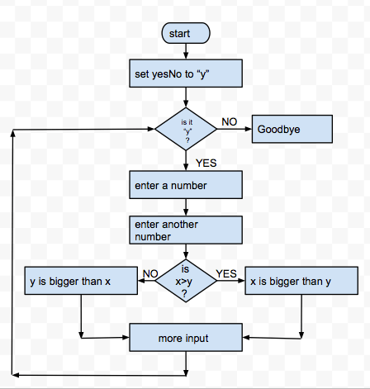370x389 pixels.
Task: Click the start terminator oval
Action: click(185, 33)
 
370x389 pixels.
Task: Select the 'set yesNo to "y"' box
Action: click(185, 74)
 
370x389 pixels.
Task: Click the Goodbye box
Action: click(291, 130)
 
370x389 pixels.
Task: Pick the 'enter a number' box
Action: click(185, 185)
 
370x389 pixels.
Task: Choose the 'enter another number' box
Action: click(185, 230)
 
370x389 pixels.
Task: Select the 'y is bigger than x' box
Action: click(80, 281)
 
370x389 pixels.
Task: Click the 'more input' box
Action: click(185, 339)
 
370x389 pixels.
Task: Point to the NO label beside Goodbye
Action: click(230, 122)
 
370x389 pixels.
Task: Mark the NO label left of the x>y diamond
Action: click(150, 273)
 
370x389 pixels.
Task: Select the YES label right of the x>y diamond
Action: click(225, 273)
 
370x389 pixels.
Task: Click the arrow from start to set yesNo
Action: click(185, 52)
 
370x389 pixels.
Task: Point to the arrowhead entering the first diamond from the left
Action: click(151, 130)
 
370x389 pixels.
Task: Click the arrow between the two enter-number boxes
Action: click(185, 208)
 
